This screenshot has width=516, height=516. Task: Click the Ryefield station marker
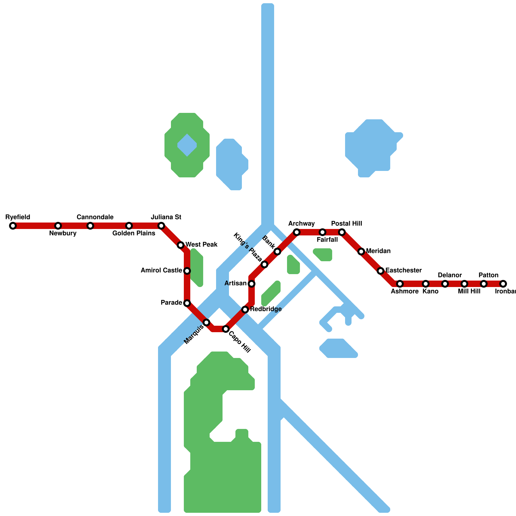pos(13,226)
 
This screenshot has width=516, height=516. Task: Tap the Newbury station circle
pos(58,226)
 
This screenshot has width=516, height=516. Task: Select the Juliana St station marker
pos(161,226)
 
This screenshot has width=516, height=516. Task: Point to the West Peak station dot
pos(181,245)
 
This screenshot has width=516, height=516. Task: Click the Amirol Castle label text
pos(161,271)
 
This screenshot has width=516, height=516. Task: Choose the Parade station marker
pos(187,303)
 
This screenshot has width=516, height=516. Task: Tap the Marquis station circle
pos(206,322)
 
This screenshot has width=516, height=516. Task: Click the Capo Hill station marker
pos(226,329)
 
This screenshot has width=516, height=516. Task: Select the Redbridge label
pos(266,309)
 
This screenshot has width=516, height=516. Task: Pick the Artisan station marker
pos(252,284)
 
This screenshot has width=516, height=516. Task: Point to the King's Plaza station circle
pos(264,264)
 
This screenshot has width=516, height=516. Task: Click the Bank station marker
pos(277,252)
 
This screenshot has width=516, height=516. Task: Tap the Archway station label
pos(301,224)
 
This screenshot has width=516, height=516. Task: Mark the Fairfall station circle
pos(322,232)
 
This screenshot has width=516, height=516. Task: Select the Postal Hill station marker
pos(342,232)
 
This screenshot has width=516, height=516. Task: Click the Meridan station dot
pos(361,252)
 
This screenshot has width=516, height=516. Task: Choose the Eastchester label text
pos(403,270)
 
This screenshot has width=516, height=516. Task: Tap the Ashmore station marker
pos(400,284)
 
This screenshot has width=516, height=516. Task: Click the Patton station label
pos(488,275)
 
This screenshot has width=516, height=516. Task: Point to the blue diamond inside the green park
pos(187,145)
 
